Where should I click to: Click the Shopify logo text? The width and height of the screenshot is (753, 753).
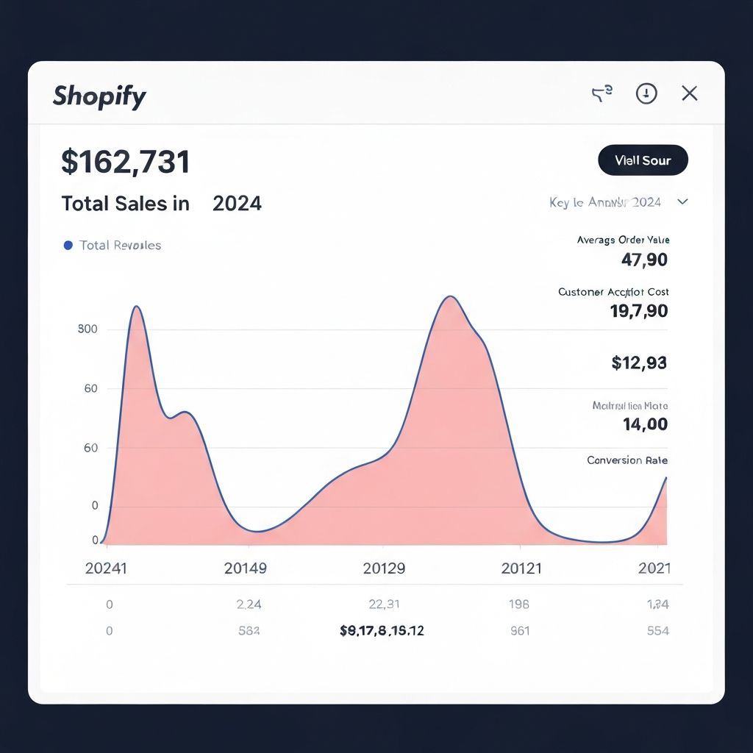click(99, 96)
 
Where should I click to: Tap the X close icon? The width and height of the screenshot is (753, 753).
click(689, 93)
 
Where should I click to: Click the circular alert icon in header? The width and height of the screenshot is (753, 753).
click(646, 93)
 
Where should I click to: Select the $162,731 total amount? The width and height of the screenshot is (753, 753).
click(126, 162)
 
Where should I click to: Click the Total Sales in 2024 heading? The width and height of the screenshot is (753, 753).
click(161, 203)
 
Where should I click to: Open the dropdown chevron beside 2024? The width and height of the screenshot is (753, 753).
click(682, 201)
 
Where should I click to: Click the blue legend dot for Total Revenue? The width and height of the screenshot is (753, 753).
click(68, 246)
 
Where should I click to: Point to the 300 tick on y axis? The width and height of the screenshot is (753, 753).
click(88, 329)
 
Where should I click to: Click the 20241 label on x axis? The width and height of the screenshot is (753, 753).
click(106, 568)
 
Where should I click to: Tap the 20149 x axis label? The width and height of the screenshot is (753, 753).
click(246, 568)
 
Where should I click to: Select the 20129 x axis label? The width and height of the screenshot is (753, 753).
click(384, 568)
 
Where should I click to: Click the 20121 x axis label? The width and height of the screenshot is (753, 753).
click(521, 568)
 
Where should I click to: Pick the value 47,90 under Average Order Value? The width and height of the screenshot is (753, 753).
click(644, 260)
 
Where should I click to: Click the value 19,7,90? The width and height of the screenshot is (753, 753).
click(638, 311)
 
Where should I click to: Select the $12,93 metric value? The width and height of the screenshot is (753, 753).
click(638, 363)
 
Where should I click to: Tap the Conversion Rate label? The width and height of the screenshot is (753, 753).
click(627, 460)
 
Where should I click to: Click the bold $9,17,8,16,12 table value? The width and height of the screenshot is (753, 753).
click(382, 631)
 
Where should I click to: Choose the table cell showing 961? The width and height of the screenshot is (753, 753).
click(520, 631)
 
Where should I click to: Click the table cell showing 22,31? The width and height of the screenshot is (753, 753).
click(384, 604)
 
